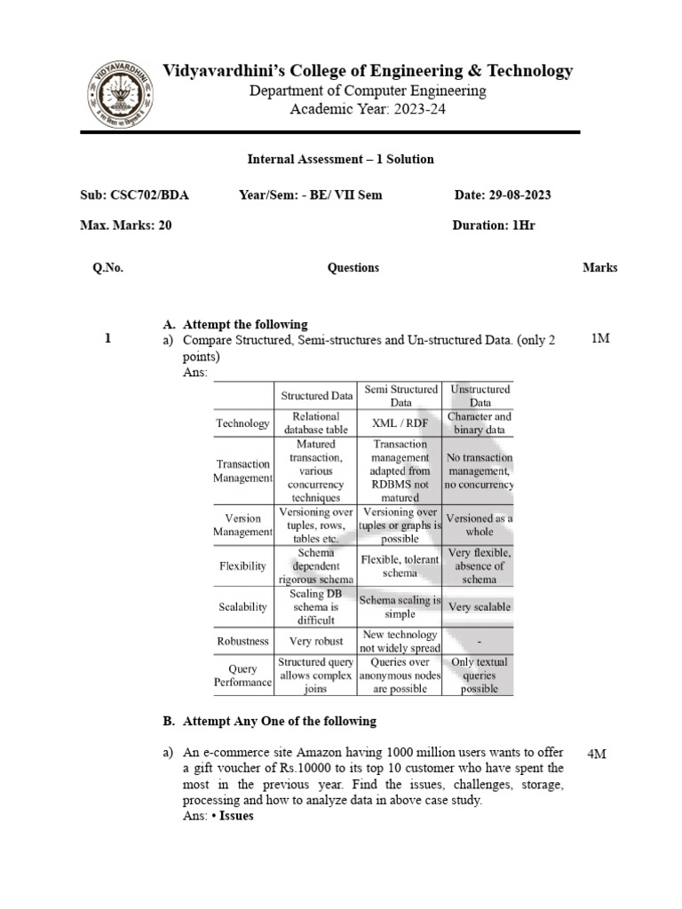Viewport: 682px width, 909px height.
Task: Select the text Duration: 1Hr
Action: click(494, 225)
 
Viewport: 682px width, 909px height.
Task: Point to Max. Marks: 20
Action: click(126, 225)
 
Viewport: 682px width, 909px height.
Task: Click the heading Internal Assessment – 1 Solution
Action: click(340, 160)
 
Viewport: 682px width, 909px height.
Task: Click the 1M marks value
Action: click(599, 339)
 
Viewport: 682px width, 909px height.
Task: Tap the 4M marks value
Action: click(597, 754)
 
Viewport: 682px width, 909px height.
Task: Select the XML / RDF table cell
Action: click(399, 424)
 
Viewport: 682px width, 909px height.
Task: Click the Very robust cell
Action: click(317, 640)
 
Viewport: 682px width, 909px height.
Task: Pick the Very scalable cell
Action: click(479, 607)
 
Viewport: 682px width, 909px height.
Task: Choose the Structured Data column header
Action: click(317, 395)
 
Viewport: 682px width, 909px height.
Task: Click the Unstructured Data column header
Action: click(480, 395)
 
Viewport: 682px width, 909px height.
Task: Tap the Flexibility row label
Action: click(242, 566)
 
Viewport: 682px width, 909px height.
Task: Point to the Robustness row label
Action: click(242, 640)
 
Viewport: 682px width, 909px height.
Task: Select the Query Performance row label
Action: click(242, 676)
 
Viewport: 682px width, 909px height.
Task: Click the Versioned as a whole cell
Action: click(480, 525)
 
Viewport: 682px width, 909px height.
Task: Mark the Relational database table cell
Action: click(317, 423)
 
